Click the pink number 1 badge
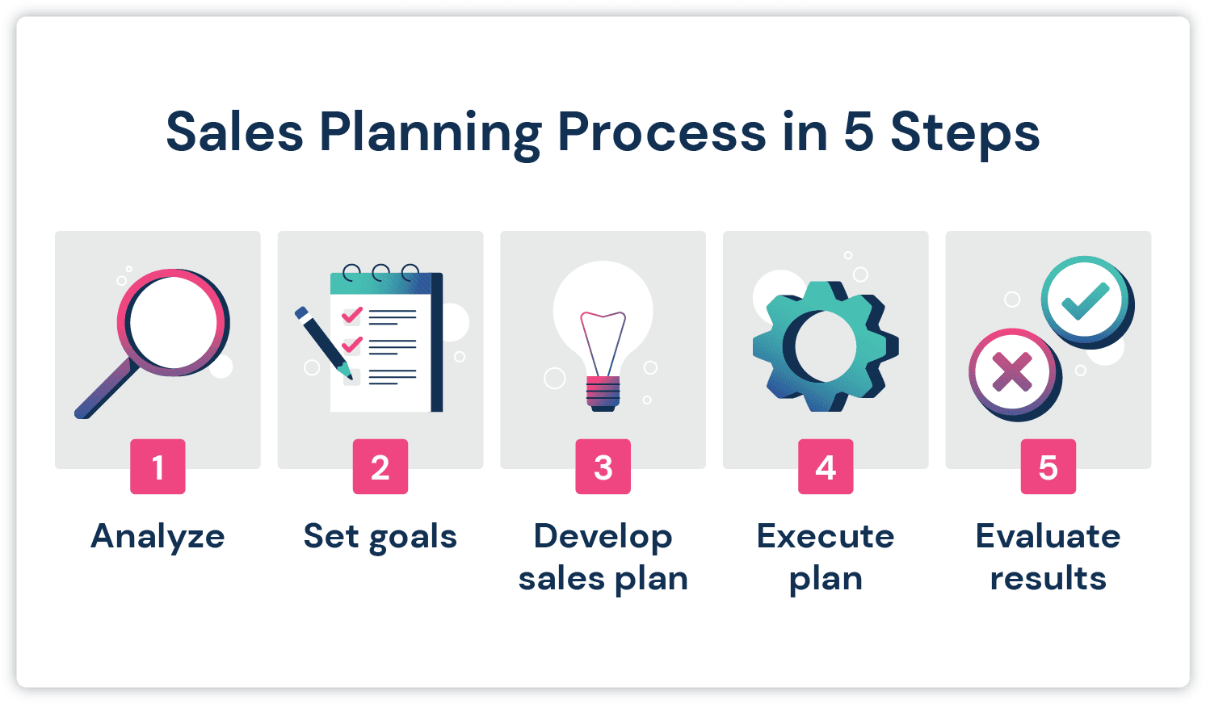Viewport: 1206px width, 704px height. [x=158, y=467]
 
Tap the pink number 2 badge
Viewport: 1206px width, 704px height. [x=380, y=467]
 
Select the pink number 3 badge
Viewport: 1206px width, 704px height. [x=603, y=467]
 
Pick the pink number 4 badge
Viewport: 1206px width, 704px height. [x=826, y=467]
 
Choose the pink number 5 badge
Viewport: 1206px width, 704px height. [x=1048, y=467]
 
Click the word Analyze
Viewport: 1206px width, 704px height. [x=158, y=537]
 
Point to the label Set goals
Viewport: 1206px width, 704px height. [x=380, y=537]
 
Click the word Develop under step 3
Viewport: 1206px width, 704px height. [x=603, y=537]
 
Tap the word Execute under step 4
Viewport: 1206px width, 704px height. [x=826, y=537]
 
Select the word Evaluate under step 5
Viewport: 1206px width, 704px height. [x=1048, y=537]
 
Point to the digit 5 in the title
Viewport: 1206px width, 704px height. [x=859, y=132]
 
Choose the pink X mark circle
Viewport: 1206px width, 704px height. [x=1012, y=372]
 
